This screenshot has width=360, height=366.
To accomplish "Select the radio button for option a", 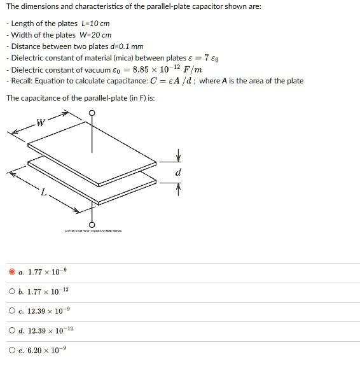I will [x=12, y=272].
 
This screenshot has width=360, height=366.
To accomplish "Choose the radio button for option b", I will [x=12, y=292].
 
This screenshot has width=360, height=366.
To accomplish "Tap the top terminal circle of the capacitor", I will [x=92, y=115].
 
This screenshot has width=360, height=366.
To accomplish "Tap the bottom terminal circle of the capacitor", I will [x=92, y=225].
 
